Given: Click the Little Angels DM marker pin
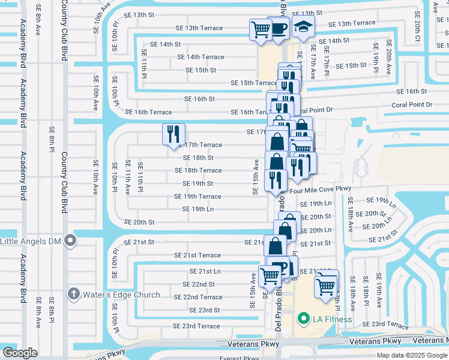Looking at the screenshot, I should (70, 242).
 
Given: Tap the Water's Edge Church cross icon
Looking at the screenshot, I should (73, 295).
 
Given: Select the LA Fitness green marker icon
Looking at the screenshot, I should (304, 319).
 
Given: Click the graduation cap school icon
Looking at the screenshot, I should (303, 27).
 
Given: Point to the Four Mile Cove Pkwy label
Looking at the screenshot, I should (320, 188).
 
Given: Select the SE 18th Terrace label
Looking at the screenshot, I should (198, 170).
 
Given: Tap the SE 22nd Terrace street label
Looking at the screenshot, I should (198, 297).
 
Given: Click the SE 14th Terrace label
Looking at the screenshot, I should (200, 57).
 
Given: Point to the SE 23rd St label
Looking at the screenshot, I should (204, 310).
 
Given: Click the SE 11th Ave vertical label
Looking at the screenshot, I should (127, 177).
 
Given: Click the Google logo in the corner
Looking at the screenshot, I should (20, 353).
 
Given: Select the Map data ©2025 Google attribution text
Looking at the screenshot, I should (411, 355).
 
